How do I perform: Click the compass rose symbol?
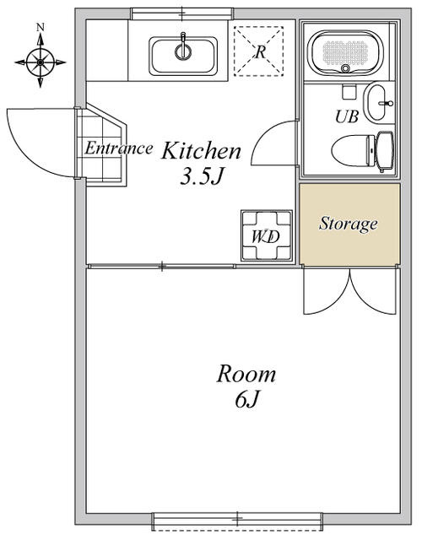pyautogui.click(x=41, y=62)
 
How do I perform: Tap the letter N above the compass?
pyautogui.click(x=41, y=27)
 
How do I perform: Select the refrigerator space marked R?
pyautogui.click(x=259, y=51)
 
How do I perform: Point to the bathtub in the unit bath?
pyautogui.click(x=345, y=52)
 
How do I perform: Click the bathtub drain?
pyautogui.click(x=345, y=68)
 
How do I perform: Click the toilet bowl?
pyautogui.click(x=353, y=151)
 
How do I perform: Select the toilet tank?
pyautogui.click(x=385, y=151)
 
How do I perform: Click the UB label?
pyautogui.click(x=347, y=116)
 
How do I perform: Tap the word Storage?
pyautogui.click(x=349, y=224)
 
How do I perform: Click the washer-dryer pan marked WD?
pyautogui.click(x=267, y=235)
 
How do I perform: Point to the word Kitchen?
pyautogui.click(x=201, y=151)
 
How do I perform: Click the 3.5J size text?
pyautogui.click(x=203, y=177)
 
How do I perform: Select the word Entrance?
pyautogui.click(x=119, y=148)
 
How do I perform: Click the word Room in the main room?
pyautogui.click(x=246, y=375)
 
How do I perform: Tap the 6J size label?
pyautogui.click(x=246, y=400)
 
